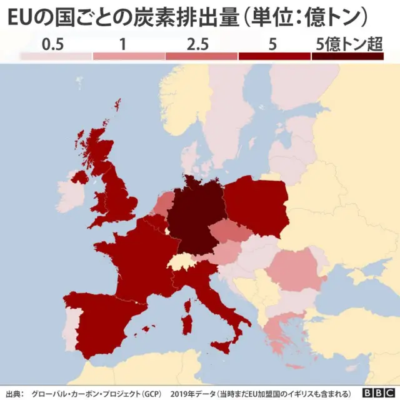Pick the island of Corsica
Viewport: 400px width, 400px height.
[x=187, y=306]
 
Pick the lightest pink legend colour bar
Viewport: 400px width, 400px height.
[x=56, y=56]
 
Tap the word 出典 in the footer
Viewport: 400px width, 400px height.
[x=12, y=393]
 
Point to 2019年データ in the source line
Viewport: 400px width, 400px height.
[x=191, y=393]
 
